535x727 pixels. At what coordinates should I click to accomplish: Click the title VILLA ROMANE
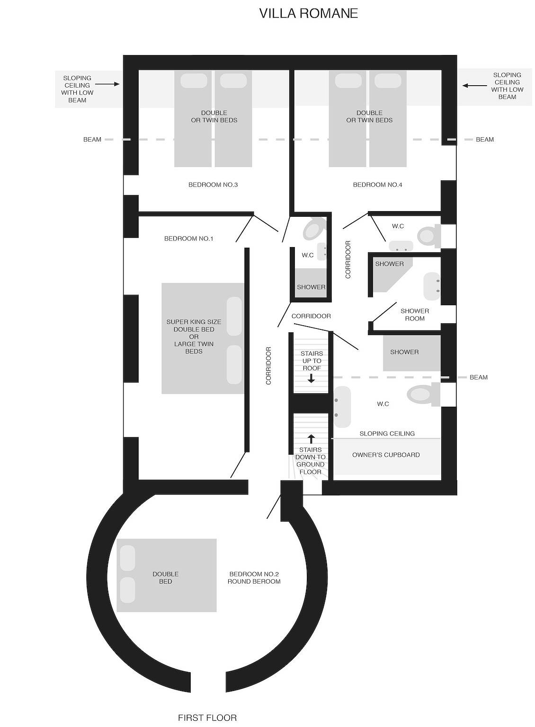tap(308, 13)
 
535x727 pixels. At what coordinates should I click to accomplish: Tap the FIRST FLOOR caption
tap(207, 718)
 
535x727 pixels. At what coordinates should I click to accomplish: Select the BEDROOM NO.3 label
tap(213, 185)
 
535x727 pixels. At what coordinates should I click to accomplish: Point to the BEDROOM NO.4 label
tap(377, 185)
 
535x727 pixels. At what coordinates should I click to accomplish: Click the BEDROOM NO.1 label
tap(188, 239)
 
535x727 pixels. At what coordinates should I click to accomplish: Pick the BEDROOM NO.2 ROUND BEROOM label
tap(254, 578)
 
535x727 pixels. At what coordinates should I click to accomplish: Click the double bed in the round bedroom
tap(166, 576)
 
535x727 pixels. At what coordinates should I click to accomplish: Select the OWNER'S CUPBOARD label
tap(386, 455)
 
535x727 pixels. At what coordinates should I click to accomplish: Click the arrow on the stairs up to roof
tap(311, 378)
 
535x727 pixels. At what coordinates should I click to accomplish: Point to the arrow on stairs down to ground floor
tap(311, 439)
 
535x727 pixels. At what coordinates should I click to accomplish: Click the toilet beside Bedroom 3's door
tap(313, 229)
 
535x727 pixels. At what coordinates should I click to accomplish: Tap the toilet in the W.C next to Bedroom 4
tap(427, 235)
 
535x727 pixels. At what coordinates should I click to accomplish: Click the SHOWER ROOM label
tap(415, 315)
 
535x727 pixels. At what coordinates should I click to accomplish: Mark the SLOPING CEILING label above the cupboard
tap(387, 434)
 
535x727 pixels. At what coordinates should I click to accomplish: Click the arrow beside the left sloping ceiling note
tap(110, 84)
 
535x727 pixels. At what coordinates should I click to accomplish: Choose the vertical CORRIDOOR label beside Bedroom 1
tap(268, 365)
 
